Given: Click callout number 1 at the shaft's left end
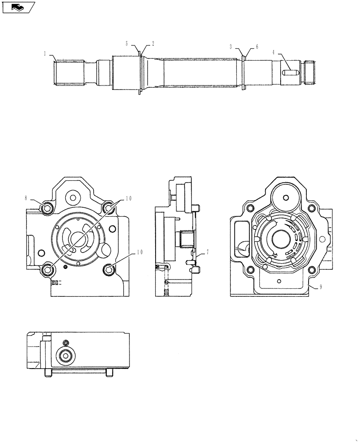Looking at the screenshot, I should (x=45, y=53).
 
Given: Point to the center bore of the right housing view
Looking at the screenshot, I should (x=281, y=239).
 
